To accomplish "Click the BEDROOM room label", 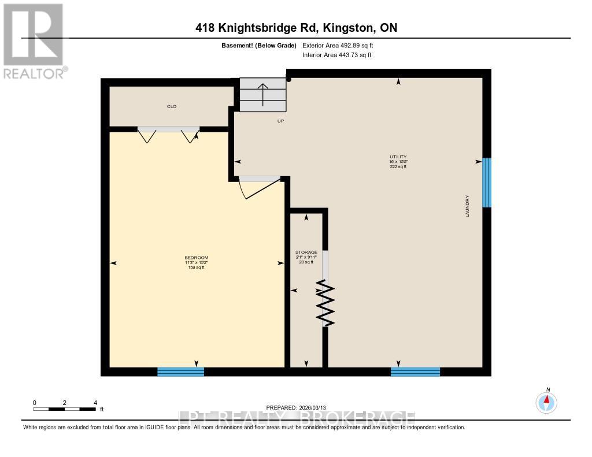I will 197,258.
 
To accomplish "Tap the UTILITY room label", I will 398,157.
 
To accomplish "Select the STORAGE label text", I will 306,252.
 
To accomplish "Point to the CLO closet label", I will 172,106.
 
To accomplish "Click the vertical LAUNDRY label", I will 467,206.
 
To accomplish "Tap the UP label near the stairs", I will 280,121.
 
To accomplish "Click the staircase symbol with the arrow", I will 263,95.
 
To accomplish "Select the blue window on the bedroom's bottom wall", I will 181,371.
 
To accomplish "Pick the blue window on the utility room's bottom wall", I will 415,371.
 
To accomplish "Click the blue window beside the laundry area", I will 487,182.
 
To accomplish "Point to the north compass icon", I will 546,402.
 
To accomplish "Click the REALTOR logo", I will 33,40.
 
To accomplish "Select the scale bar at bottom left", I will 65,409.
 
